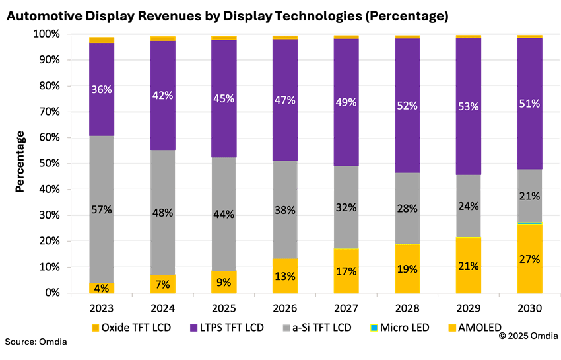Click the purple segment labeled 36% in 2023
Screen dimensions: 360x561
pos(102,89)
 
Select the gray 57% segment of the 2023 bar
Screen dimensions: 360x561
pos(102,209)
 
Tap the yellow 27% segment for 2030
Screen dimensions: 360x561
pos(529,259)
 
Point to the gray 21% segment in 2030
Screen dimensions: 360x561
pos(529,196)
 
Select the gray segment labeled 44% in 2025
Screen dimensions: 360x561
pos(224,214)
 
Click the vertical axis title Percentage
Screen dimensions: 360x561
pos(20,162)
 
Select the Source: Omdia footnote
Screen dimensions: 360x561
pos(36,342)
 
